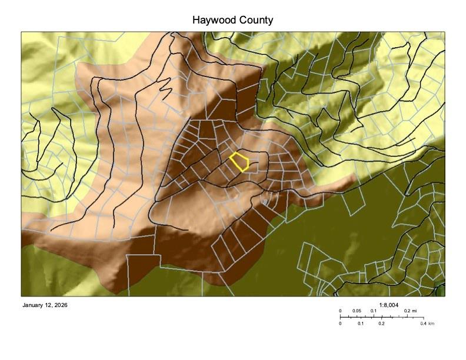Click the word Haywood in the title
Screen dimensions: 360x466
[212, 20]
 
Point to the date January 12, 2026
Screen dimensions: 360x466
[45, 305]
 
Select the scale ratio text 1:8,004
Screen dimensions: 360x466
[389, 305]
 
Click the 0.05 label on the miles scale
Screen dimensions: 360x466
[357, 311]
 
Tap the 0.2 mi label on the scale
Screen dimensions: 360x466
[410, 311]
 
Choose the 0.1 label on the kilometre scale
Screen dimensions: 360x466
[361, 324]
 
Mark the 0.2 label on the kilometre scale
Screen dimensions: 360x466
[381, 324]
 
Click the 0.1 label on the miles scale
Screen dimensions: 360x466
[373, 311]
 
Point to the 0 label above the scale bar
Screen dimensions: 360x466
[340, 311]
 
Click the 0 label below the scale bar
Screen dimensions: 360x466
[340, 324]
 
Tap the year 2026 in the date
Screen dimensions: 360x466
[61, 305]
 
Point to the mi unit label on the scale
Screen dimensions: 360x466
[414, 311]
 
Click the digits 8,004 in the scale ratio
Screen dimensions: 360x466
[392, 305]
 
